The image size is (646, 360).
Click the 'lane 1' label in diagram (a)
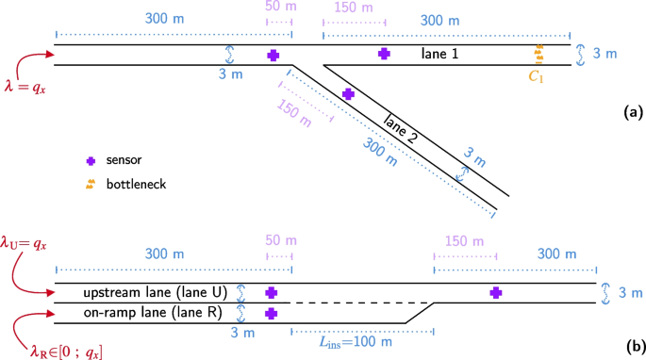click(440, 56)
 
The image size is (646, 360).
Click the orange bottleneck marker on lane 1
click(539, 53)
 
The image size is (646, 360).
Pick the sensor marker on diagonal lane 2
click(348, 94)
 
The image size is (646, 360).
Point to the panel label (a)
click(632, 112)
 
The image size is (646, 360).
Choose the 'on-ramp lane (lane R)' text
click(141, 314)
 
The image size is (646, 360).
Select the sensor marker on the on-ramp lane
click(272, 314)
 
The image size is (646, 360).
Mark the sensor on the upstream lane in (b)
click(272, 293)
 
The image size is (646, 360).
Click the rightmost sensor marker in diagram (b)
click(495, 293)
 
